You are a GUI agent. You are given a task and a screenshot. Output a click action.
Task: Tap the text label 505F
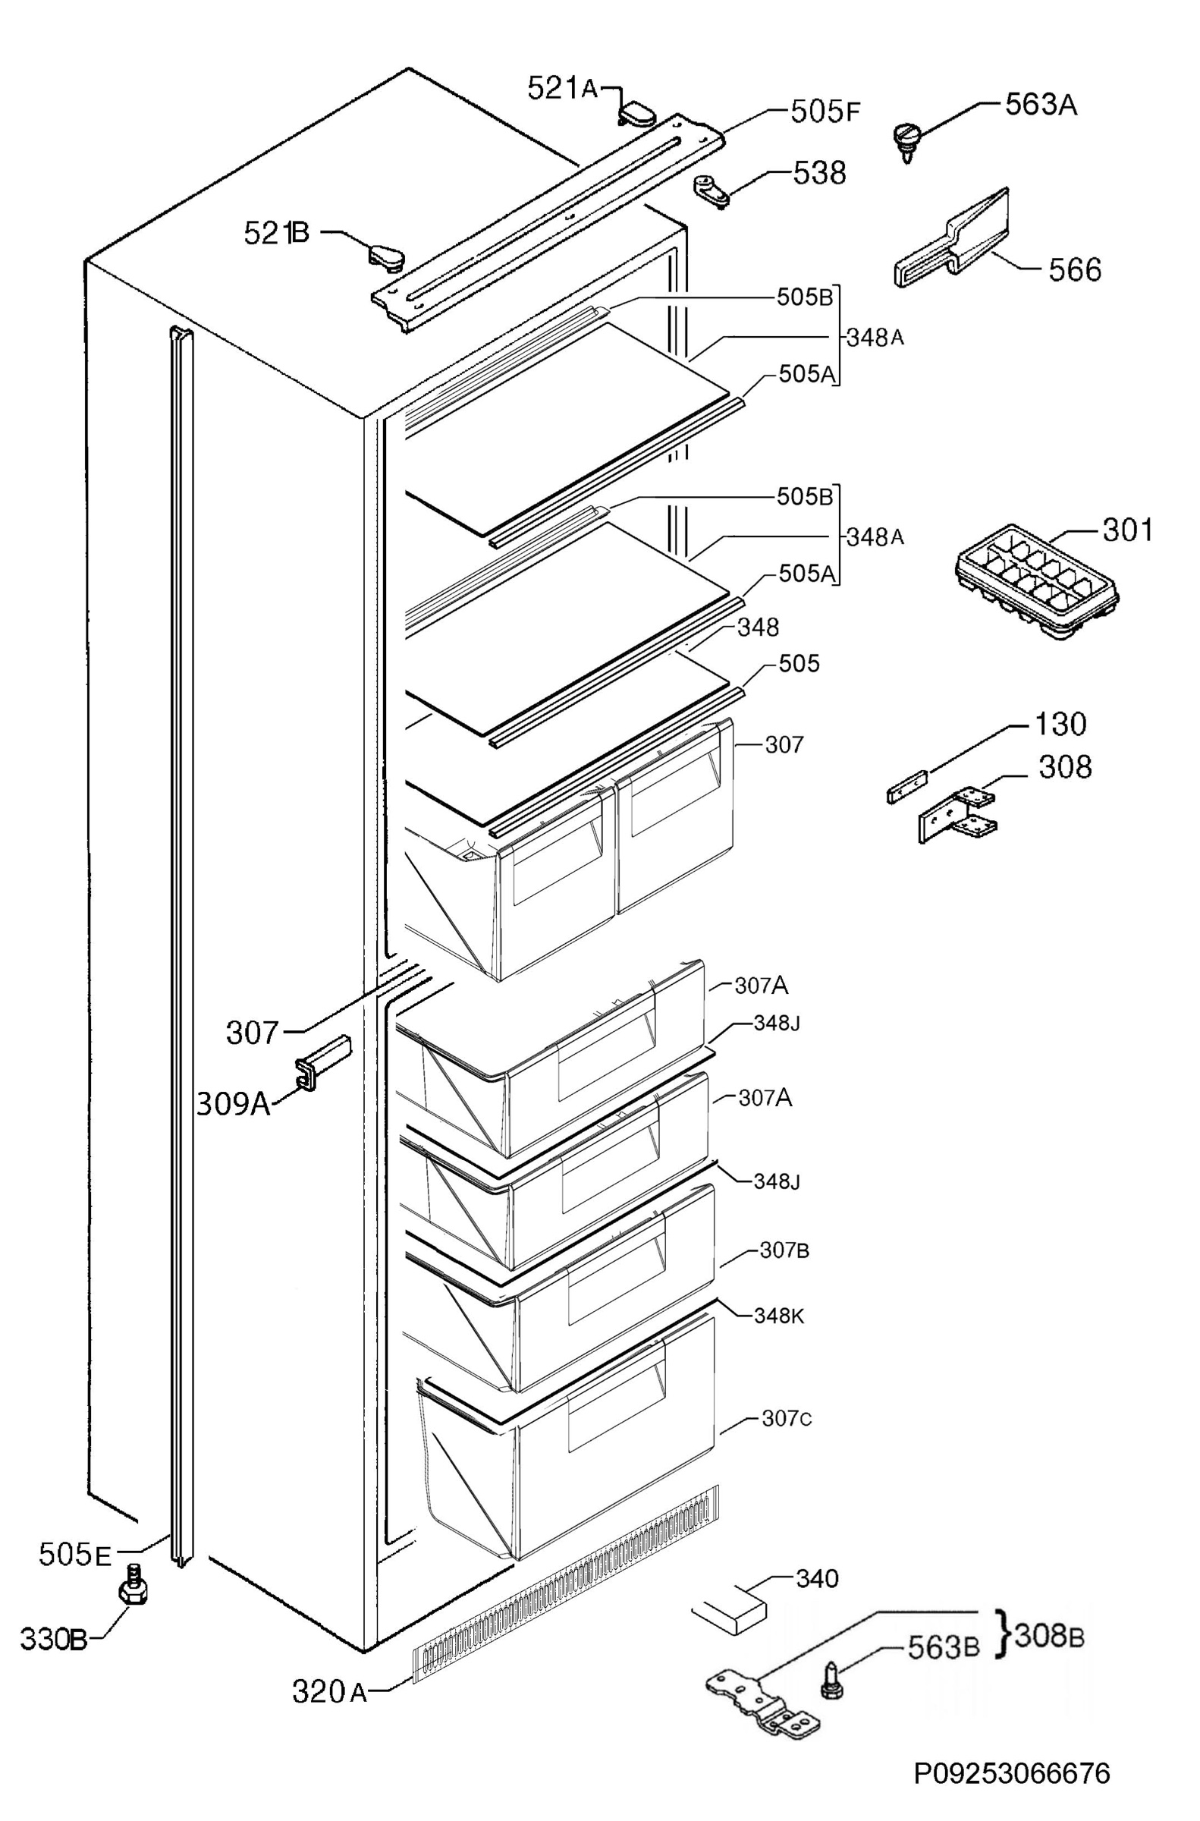[825, 112]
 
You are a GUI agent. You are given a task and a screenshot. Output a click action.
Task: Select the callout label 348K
[779, 1316]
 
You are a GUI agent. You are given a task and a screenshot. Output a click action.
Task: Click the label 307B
[784, 1250]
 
